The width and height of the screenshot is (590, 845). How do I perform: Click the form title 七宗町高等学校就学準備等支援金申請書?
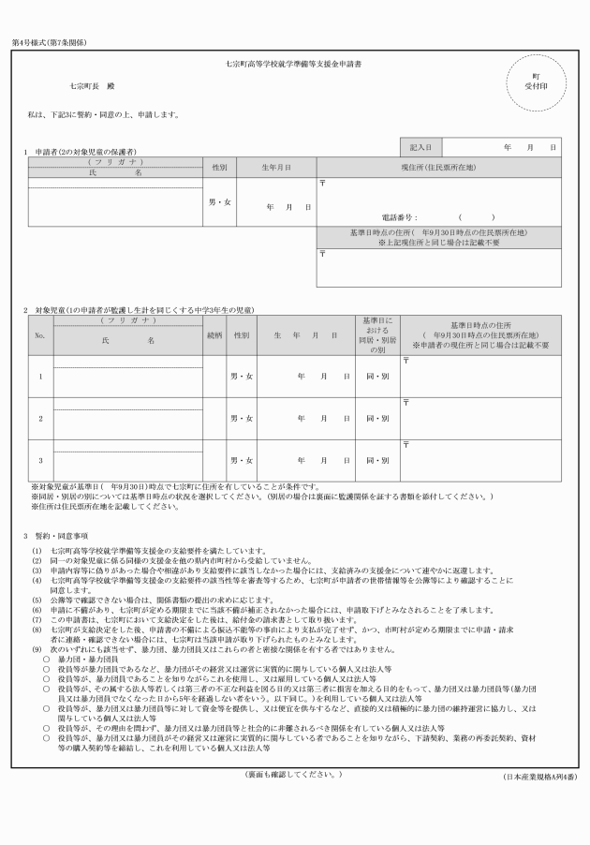coord(294,67)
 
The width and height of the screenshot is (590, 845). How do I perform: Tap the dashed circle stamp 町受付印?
coord(535,81)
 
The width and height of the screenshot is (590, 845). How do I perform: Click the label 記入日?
coord(420,148)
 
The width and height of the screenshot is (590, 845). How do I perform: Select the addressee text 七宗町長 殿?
coord(91,86)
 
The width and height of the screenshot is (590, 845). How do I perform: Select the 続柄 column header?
coord(214,334)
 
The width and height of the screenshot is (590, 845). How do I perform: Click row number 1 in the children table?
coord(40,377)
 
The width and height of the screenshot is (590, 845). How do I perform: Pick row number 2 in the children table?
coord(40,418)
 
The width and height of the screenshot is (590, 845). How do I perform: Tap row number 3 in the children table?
coord(40,460)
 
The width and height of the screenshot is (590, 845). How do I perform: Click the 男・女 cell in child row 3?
coord(242,460)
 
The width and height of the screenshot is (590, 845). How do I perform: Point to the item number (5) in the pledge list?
coord(36,597)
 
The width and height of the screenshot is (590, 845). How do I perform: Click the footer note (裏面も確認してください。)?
coord(294,775)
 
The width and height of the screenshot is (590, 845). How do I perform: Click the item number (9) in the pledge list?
coord(36,649)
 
